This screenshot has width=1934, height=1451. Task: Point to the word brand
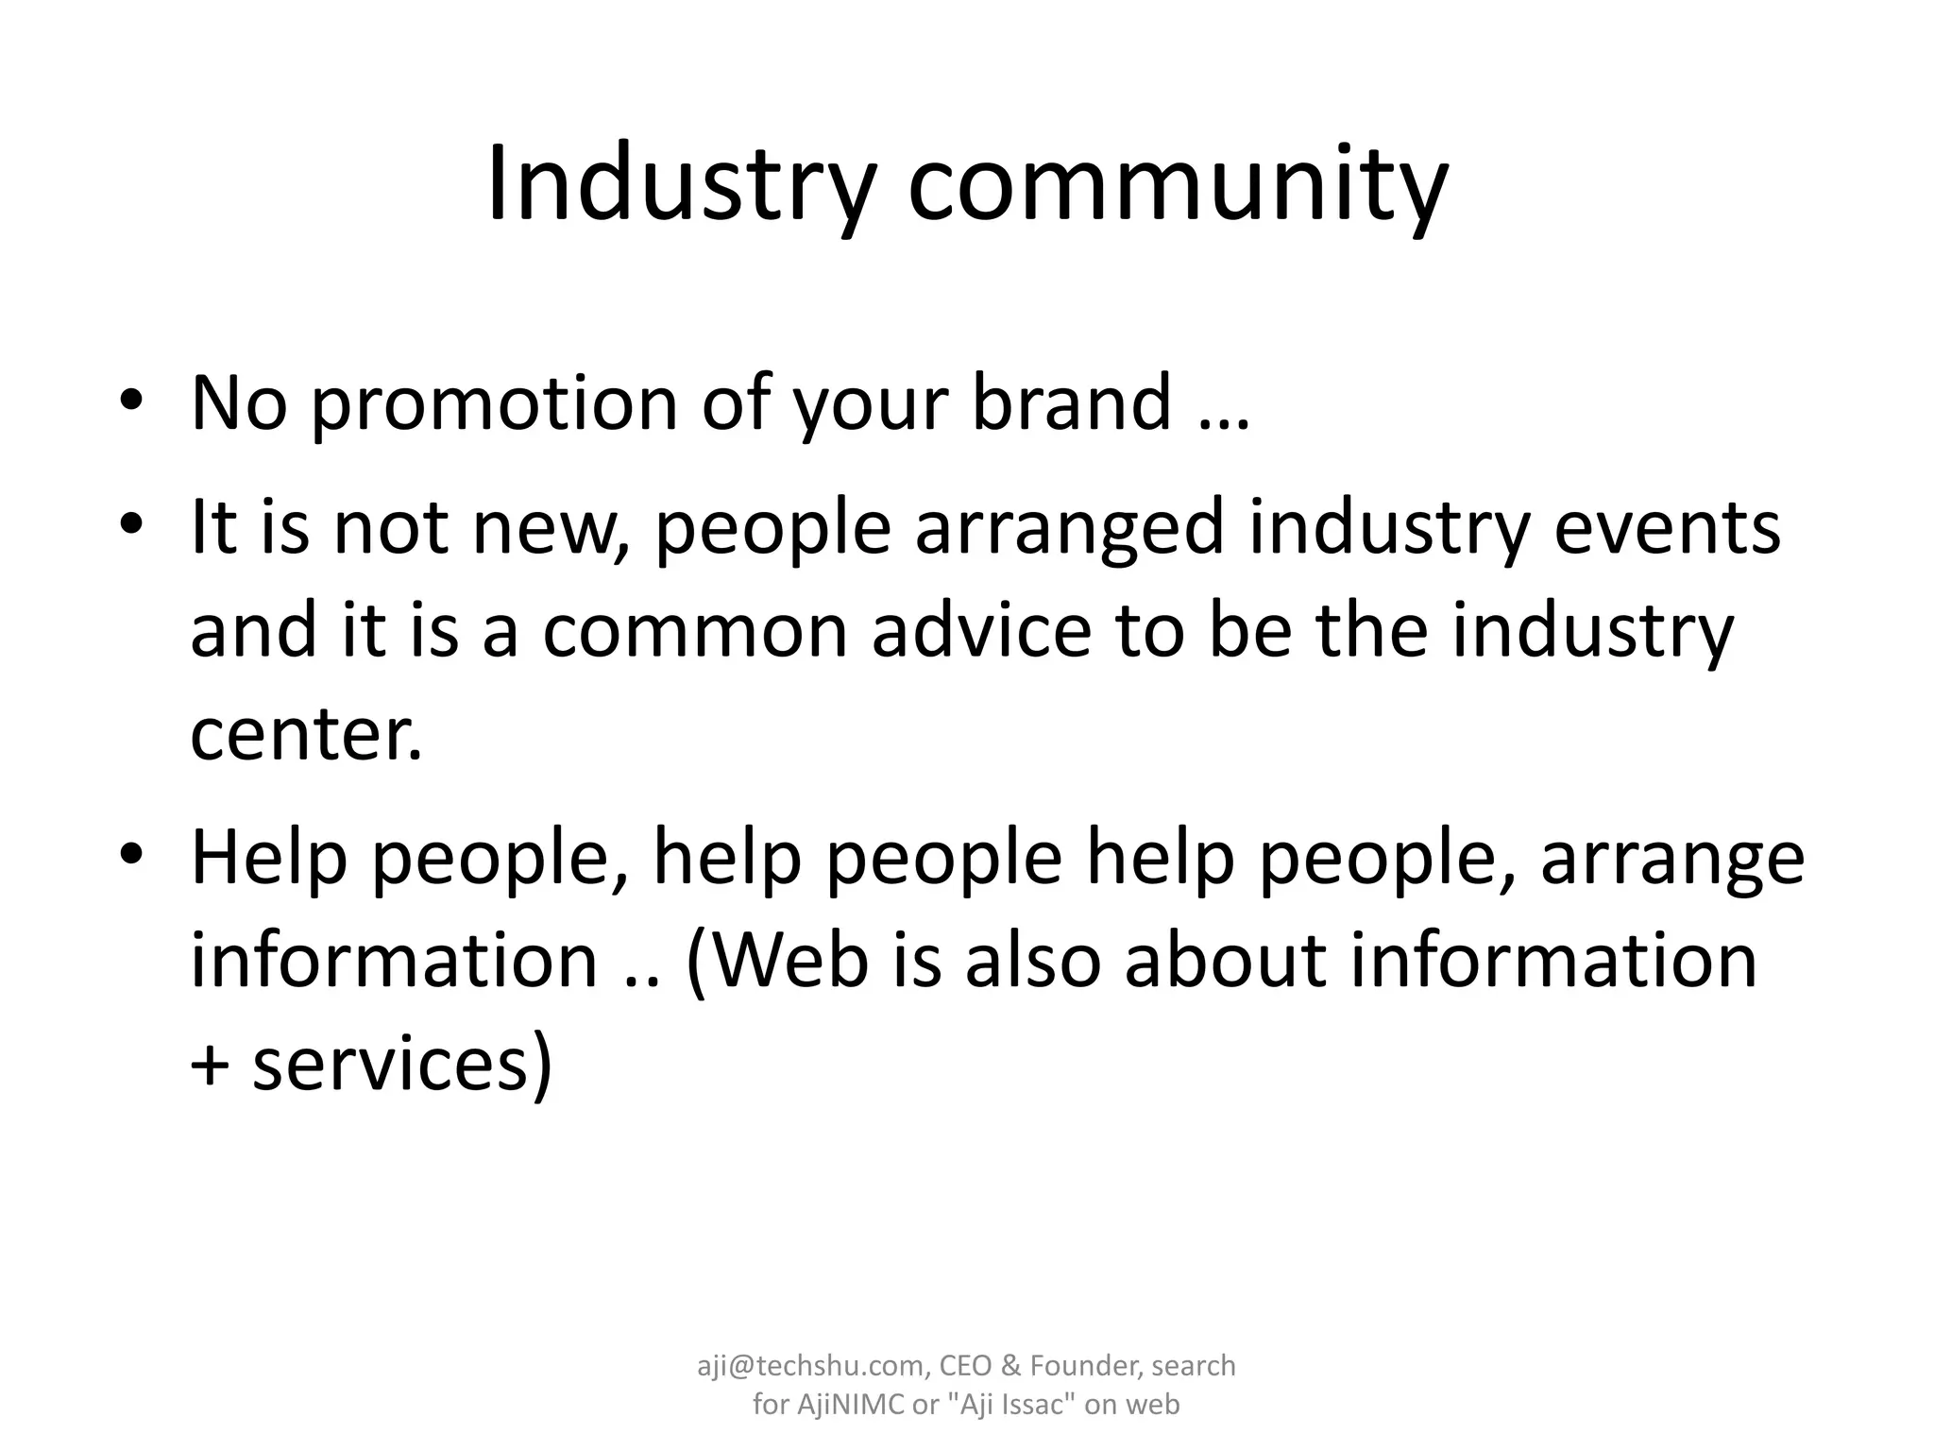[x=1071, y=403]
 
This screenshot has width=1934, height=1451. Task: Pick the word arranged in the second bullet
[x=1069, y=529]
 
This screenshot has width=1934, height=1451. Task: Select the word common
[x=695, y=632]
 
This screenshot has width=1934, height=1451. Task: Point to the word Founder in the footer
[x=1085, y=1366]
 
